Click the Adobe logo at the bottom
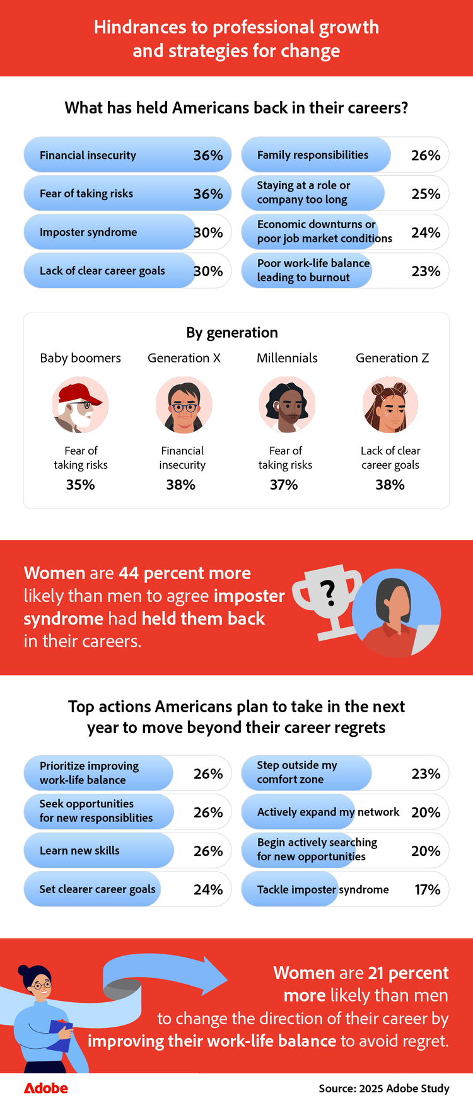click(45, 1088)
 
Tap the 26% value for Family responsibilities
click(426, 155)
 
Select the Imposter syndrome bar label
click(88, 232)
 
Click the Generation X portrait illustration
click(184, 405)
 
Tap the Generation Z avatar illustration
click(390, 405)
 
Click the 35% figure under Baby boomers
click(81, 485)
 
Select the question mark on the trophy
click(327, 593)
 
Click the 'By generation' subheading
click(232, 332)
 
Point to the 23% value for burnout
click(426, 271)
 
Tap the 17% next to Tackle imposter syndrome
click(428, 889)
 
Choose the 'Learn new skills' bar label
click(79, 850)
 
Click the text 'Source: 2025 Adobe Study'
click(384, 1089)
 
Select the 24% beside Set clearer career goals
click(208, 889)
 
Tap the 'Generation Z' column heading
click(392, 358)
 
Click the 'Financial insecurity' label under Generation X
click(182, 458)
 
